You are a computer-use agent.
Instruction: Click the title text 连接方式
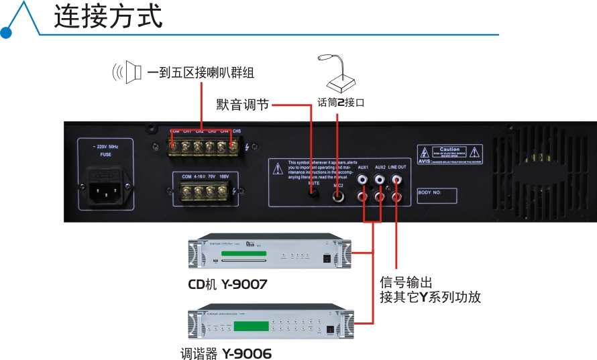[x=108, y=17]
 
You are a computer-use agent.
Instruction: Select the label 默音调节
[x=242, y=105]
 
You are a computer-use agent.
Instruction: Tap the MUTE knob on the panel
[x=313, y=194]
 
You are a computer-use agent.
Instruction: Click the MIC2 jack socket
[x=339, y=197]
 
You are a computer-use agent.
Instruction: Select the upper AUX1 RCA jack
[x=363, y=180]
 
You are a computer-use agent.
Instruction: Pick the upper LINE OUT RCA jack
[x=397, y=180]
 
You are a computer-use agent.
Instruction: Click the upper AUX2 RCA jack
[x=380, y=180]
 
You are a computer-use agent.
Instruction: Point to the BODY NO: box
[x=437, y=196]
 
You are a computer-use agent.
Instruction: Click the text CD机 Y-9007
[x=227, y=284]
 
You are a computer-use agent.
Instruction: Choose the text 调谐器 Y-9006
[x=225, y=353]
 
